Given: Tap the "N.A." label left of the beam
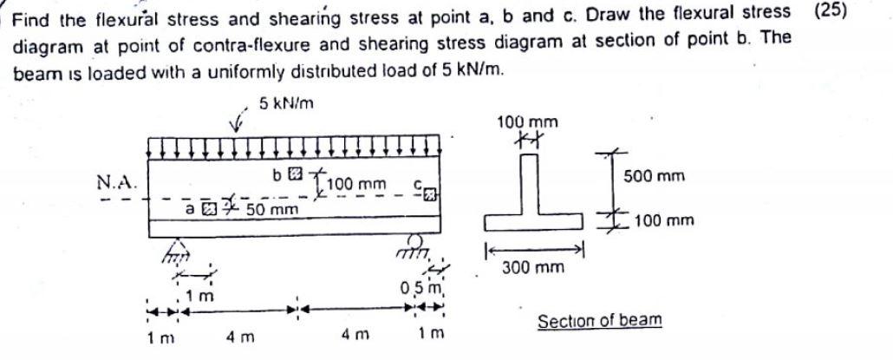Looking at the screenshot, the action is pyautogui.click(x=115, y=182).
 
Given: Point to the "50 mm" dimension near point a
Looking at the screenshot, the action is pyautogui.click(x=269, y=210).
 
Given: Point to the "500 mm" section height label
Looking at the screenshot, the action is pyautogui.click(x=654, y=176).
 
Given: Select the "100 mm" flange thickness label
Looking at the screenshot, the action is pyautogui.click(x=663, y=220).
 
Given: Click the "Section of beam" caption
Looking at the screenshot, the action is pyautogui.click(x=599, y=321).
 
